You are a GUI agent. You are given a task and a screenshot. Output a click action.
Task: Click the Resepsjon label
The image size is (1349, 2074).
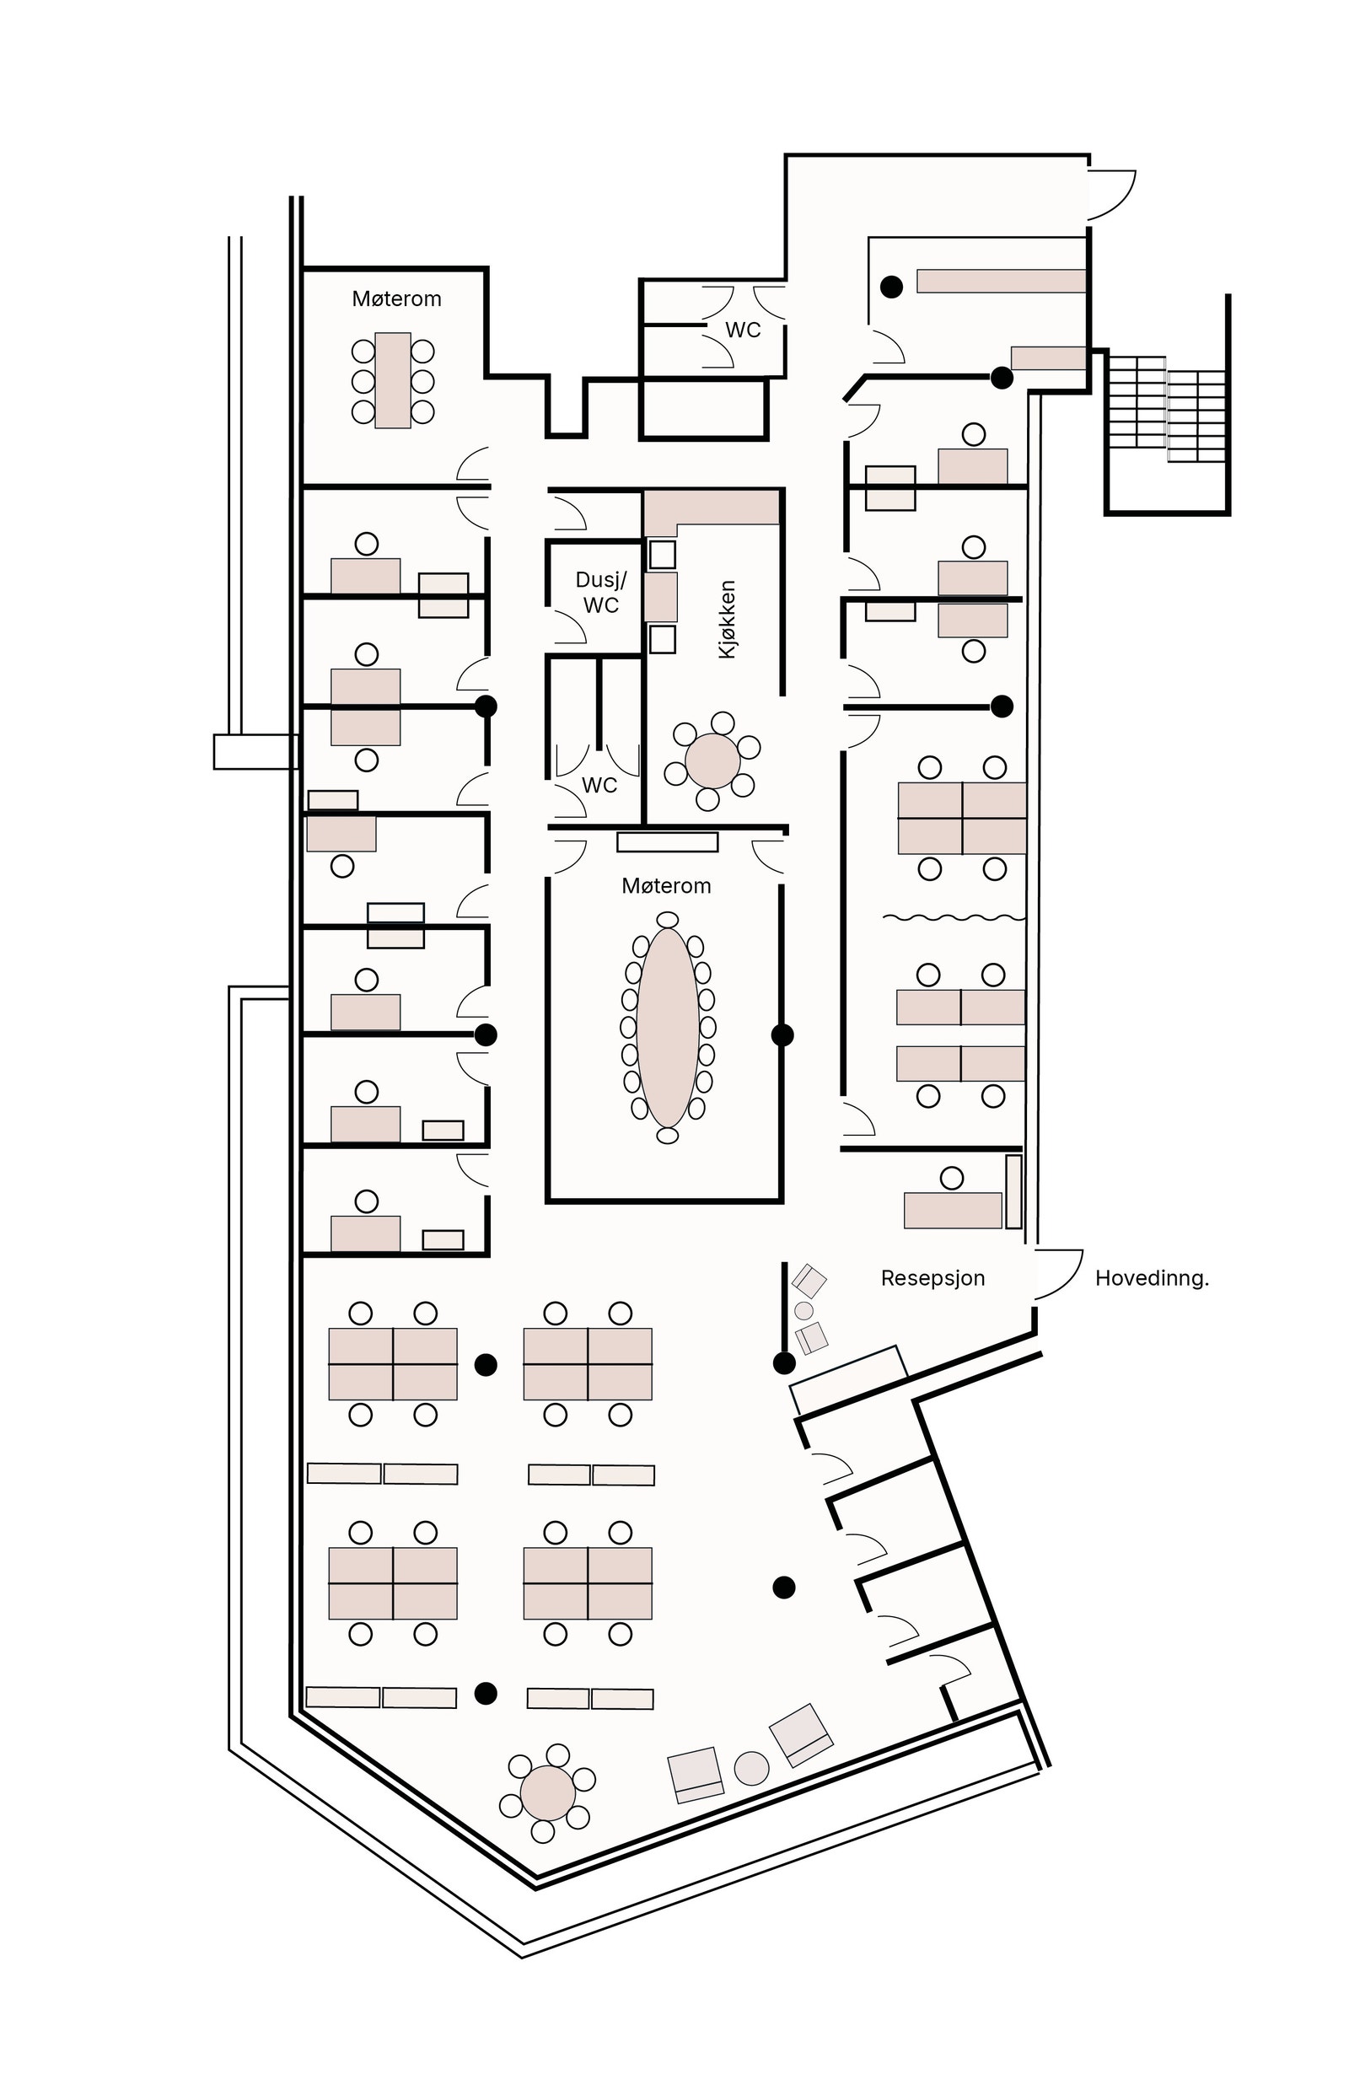click(x=932, y=1278)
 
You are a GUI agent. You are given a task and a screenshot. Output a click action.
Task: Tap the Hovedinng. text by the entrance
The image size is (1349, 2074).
click(x=1151, y=1278)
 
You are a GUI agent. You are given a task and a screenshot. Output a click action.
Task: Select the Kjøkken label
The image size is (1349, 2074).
click(x=727, y=620)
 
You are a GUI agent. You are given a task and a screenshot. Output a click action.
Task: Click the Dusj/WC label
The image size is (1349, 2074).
click(x=600, y=593)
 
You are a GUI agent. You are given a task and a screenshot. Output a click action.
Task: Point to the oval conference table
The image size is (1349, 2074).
click(x=668, y=1028)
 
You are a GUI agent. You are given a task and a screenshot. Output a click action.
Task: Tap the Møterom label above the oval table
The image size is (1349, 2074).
click(x=666, y=886)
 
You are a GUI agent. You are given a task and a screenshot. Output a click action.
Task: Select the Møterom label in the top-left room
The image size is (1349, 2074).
click(x=396, y=299)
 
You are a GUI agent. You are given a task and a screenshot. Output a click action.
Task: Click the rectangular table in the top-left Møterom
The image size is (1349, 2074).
click(x=392, y=381)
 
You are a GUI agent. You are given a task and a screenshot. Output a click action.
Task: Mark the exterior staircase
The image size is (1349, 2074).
click(x=1167, y=409)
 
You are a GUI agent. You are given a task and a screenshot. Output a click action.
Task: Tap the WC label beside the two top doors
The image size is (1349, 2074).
click(x=743, y=330)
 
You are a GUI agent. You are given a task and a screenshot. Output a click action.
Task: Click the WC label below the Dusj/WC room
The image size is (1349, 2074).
click(x=599, y=785)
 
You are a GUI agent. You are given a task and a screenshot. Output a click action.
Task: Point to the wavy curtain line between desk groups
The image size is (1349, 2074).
click(x=954, y=917)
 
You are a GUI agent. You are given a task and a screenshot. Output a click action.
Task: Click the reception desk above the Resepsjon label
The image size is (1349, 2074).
click(x=952, y=1211)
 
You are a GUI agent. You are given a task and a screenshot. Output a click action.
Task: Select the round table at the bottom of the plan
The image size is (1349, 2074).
click(x=547, y=1793)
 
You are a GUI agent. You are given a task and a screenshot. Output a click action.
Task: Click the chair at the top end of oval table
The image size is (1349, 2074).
click(x=668, y=919)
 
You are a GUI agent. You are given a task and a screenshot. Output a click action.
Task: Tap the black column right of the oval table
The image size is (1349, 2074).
click(x=782, y=1035)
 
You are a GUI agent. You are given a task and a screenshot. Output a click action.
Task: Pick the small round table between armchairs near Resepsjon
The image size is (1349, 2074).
click(x=803, y=1311)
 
